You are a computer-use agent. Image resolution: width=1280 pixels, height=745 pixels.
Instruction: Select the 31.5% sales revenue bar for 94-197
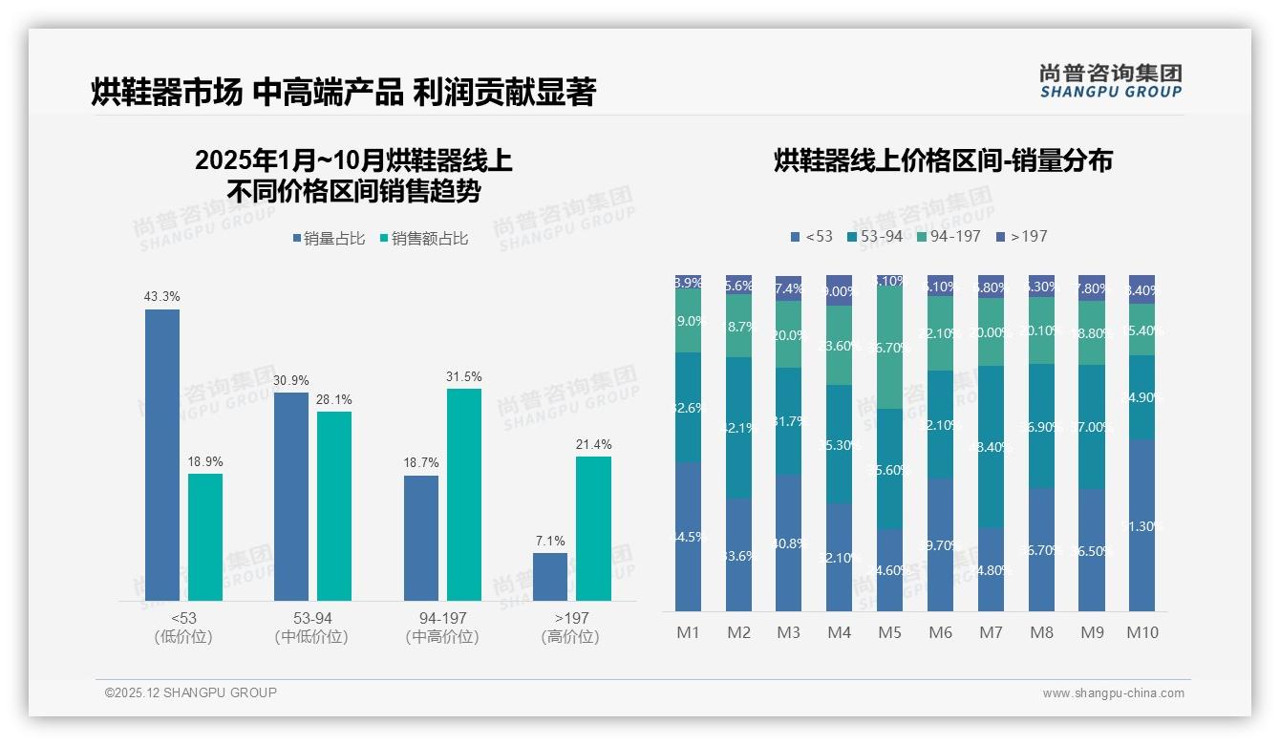pyautogui.click(x=464, y=494)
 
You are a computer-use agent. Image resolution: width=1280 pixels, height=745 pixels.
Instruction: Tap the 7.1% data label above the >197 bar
pyautogui.click(x=550, y=542)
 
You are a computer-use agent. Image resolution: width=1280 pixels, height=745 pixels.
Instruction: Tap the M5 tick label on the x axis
pyautogui.click(x=889, y=632)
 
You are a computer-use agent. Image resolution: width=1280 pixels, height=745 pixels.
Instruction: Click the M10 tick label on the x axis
pyautogui.click(x=1141, y=632)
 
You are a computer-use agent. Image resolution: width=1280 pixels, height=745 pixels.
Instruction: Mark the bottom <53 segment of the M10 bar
pyautogui.click(x=1141, y=525)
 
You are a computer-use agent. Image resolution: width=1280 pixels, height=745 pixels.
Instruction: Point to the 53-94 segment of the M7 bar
pyautogui.click(x=991, y=446)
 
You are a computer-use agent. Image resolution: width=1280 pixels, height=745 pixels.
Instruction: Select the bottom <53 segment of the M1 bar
pyautogui.click(x=688, y=537)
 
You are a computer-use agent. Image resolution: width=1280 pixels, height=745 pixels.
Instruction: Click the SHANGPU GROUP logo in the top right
pyautogui.click(x=1110, y=81)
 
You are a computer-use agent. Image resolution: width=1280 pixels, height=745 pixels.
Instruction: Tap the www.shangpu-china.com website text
pyautogui.click(x=1113, y=693)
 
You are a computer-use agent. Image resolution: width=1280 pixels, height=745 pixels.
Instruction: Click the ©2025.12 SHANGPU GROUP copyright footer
pyautogui.click(x=191, y=692)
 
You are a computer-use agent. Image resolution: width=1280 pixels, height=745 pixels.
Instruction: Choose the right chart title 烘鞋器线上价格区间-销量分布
pyautogui.click(x=943, y=160)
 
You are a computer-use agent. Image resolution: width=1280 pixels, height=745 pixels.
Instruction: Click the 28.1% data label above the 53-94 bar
pyautogui.click(x=334, y=399)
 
